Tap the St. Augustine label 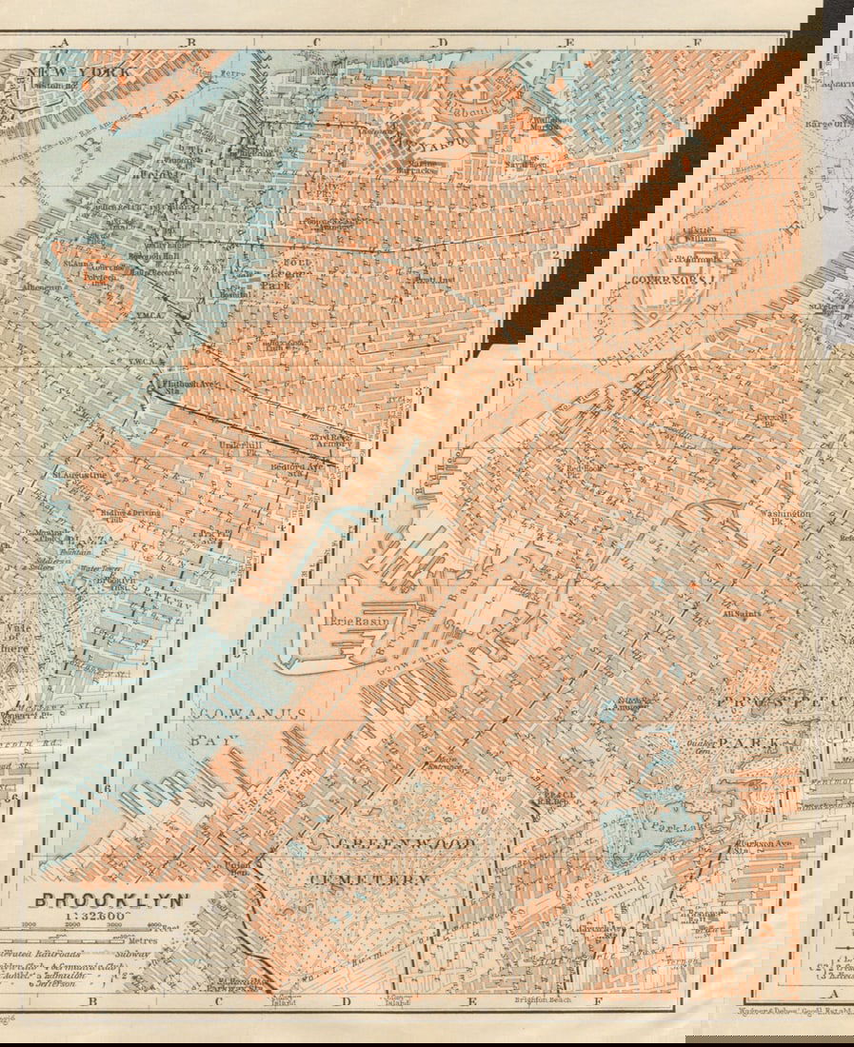(x=78, y=473)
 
